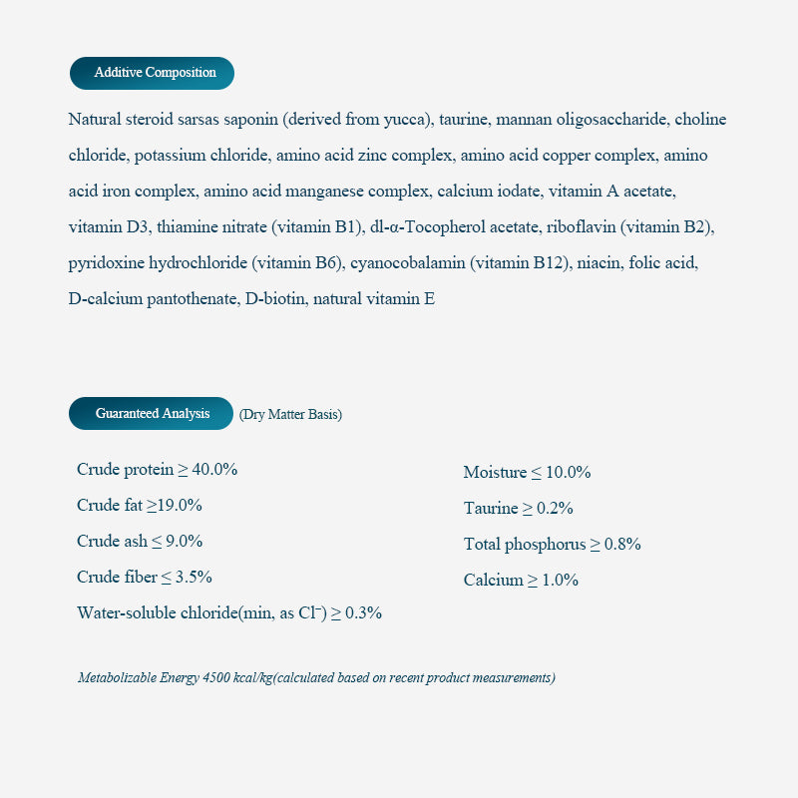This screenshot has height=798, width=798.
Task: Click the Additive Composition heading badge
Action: [152, 73]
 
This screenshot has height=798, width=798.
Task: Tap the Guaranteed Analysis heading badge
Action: [151, 413]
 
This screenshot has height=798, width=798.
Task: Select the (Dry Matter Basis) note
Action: [290, 414]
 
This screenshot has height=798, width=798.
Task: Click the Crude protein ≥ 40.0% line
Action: [157, 469]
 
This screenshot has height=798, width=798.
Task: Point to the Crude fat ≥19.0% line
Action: [140, 505]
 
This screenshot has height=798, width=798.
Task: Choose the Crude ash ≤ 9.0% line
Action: [140, 541]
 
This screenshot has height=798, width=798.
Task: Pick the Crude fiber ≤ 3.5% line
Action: [145, 577]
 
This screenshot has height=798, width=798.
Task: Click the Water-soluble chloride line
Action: [229, 612]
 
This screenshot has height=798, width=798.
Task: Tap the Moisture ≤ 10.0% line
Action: [527, 472]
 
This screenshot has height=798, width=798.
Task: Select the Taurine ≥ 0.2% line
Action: [518, 508]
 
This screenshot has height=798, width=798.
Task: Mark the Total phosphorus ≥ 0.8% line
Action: [552, 544]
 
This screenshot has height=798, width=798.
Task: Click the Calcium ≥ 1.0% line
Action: [521, 580]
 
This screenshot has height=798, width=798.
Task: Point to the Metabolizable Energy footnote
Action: [316, 678]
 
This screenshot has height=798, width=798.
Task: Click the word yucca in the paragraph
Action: [407, 120]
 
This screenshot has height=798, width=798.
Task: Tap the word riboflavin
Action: [581, 227]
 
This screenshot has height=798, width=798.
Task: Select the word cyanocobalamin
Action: [408, 263]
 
